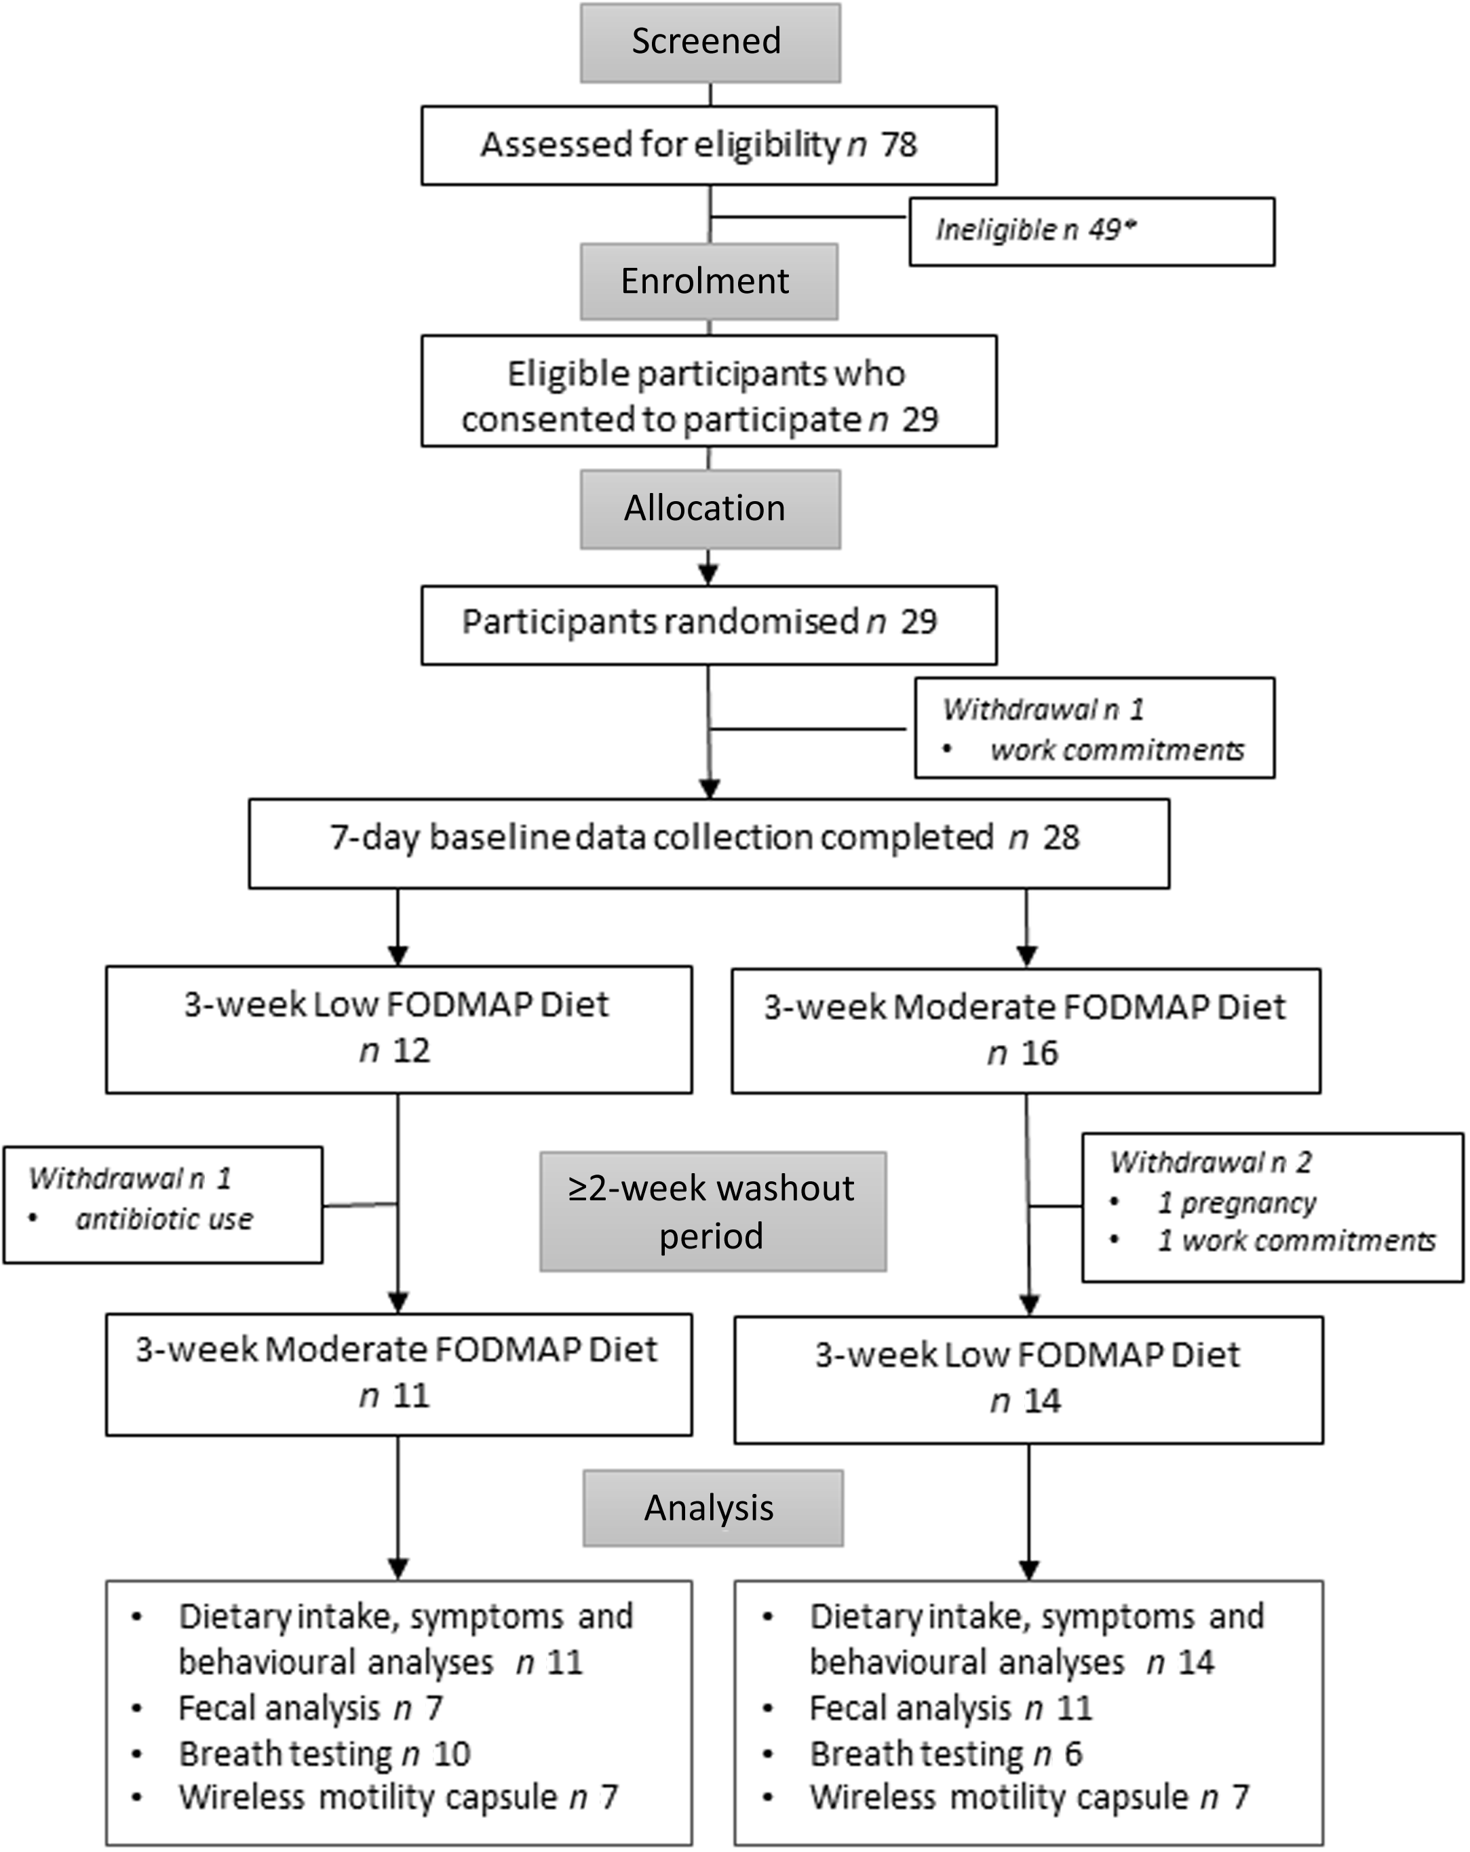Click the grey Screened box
710,42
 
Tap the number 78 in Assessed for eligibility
899,145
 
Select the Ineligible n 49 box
1090,231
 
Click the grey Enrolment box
708,281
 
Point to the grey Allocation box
710,509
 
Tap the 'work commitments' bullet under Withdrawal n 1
1116,751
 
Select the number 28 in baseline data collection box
1060,838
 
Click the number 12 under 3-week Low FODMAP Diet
412,1051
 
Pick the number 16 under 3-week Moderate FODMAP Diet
1039,1054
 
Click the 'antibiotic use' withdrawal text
164,1219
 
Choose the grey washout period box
712,1211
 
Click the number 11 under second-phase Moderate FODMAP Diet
410,1396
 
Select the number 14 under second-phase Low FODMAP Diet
1042,1401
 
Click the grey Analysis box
712,1508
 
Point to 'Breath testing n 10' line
325,1754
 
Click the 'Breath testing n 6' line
946,1754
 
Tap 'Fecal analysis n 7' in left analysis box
310,1708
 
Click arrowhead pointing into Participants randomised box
708,574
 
